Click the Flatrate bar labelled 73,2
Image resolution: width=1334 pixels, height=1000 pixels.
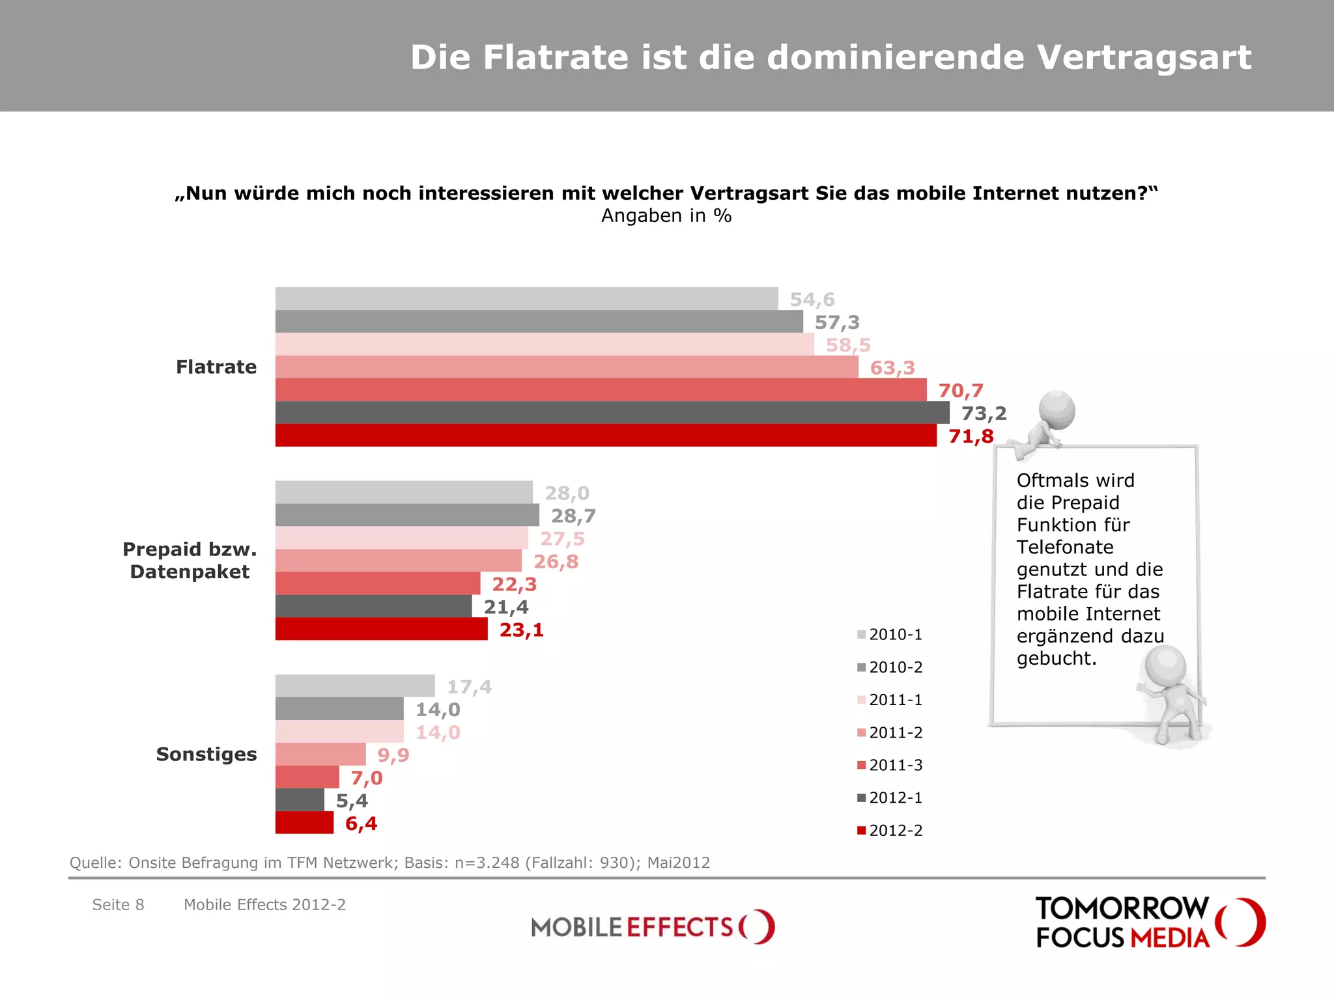coord(612,413)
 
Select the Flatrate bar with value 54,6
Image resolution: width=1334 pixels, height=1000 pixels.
coord(526,299)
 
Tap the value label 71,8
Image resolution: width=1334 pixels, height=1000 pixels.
coord(971,436)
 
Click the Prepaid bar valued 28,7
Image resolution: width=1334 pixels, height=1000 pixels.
coord(407,515)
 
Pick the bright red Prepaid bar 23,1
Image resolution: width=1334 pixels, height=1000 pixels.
coord(381,629)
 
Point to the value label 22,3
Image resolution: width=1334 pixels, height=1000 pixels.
coord(514,585)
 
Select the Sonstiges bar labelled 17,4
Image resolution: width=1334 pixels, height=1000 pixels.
coord(355,686)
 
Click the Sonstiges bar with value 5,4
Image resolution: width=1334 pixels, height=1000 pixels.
coord(300,800)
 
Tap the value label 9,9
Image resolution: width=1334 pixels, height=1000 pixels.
coord(393,755)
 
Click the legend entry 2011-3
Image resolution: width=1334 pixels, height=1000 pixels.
coord(890,765)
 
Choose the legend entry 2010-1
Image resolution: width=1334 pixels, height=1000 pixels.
coord(890,635)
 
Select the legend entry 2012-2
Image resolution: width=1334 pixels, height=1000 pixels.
coord(890,831)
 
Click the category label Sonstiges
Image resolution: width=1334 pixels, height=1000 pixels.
coord(206,755)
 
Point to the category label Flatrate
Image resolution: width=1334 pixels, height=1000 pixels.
coord(216,367)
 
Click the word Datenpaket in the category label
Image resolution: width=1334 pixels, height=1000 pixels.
coord(190,572)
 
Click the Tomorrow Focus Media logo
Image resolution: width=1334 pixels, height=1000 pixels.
coord(1150,923)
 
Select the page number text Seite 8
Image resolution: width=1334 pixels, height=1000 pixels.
coord(118,905)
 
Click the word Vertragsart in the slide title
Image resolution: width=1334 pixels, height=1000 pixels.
coord(1144,57)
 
